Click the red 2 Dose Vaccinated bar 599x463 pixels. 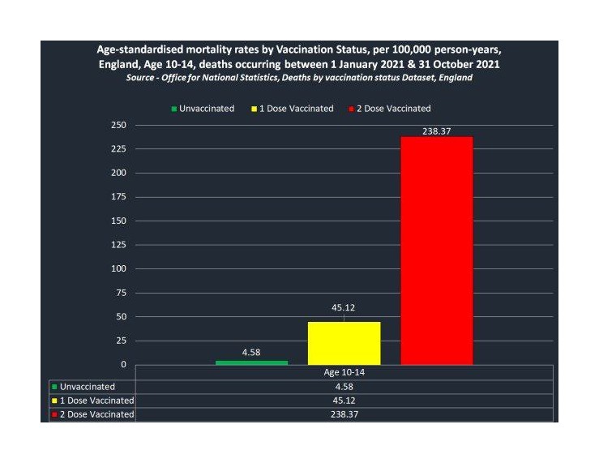point(437,251)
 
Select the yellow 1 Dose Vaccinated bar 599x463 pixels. point(344,344)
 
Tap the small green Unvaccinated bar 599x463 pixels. point(252,362)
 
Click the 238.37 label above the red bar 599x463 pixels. point(437,131)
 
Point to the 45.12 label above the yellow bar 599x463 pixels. point(343,307)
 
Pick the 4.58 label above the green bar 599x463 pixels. point(251,352)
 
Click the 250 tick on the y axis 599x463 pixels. point(118,125)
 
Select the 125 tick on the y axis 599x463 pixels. point(118,245)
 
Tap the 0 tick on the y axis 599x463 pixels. point(123,364)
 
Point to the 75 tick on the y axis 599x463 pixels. point(121,293)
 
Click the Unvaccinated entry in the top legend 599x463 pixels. point(203,109)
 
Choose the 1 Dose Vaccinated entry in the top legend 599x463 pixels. point(293,109)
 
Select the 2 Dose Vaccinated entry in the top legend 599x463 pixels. point(390,109)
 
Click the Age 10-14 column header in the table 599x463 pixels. point(344,372)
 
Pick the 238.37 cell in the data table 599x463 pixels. point(344,414)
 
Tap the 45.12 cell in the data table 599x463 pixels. point(344,401)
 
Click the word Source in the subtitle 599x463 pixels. point(140,78)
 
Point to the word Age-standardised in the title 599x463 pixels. point(139,49)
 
